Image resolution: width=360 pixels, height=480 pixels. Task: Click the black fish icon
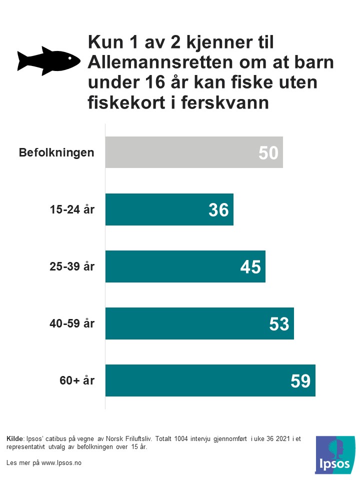click(x=48, y=60)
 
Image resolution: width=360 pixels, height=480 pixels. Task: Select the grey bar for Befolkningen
click(x=194, y=152)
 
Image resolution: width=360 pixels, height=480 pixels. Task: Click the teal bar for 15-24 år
click(x=169, y=209)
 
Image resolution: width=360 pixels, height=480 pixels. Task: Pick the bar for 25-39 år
click(x=185, y=266)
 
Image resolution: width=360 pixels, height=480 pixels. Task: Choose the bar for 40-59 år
click(x=199, y=323)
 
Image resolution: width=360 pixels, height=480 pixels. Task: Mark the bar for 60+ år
click(x=210, y=380)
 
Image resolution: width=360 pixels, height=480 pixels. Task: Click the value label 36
click(x=218, y=210)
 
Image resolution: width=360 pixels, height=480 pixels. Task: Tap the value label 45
click(x=250, y=267)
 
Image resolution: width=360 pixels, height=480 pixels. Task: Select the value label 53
click(x=279, y=324)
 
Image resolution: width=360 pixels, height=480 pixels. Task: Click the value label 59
click(x=300, y=381)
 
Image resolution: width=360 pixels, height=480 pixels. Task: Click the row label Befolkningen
click(x=56, y=152)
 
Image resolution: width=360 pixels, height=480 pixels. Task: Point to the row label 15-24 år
click(x=72, y=209)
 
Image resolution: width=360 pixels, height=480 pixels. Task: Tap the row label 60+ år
click(x=77, y=380)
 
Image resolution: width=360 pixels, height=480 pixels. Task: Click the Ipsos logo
click(x=335, y=455)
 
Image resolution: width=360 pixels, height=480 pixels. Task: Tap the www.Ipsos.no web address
click(x=61, y=463)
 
